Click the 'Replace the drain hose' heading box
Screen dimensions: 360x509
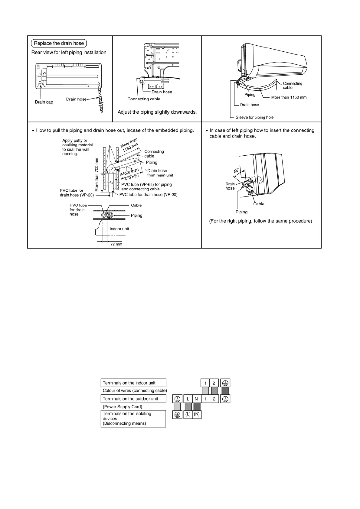(59, 43)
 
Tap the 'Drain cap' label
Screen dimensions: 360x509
(44, 102)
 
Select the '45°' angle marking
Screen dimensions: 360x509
(237, 171)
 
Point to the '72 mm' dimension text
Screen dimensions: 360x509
(116, 244)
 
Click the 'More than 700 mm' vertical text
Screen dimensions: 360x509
(97, 175)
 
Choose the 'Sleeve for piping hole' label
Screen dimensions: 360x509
(254, 118)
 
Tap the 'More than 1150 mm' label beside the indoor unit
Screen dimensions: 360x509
(289, 97)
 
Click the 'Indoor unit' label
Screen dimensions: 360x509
(119, 229)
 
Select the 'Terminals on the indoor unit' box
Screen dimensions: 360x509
(133, 383)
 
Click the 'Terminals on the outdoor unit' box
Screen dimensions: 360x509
(133, 399)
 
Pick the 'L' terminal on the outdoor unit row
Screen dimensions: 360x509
(188, 399)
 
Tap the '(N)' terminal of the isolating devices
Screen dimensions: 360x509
(197, 414)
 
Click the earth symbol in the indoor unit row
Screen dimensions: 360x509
(225, 383)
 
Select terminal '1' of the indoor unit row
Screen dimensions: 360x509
(205, 383)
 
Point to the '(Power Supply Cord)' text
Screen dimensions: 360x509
(122, 407)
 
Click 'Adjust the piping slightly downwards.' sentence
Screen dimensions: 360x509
(157, 112)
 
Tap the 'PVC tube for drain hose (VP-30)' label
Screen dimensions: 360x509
(148, 195)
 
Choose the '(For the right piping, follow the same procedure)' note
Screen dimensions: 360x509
(260, 221)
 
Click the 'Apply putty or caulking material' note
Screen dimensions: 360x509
(77, 147)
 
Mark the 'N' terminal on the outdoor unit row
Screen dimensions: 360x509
(197, 399)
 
